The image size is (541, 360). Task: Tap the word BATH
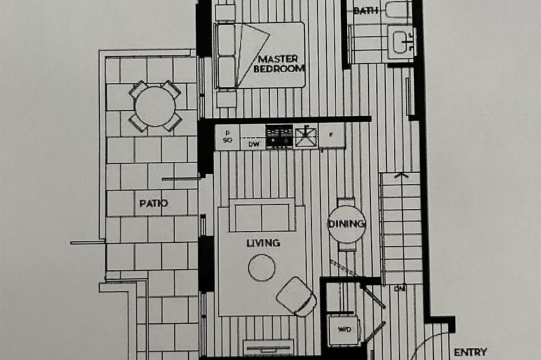click(x=366, y=11)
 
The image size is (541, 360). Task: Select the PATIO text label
click(x=153, y=203)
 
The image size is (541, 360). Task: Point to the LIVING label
click(x=263, y=243)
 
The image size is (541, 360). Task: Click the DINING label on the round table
click(x=347, y=223)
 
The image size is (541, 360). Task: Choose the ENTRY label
click(x=470, y=352)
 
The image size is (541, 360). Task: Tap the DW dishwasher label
click(x=253, y=144)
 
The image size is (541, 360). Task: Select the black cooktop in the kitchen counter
click(x=279, y=137)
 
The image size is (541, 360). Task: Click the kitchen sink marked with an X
click(x=307, y=137)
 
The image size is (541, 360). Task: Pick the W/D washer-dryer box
click(x=344, y=329)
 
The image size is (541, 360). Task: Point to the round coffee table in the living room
click(x=262, y=267)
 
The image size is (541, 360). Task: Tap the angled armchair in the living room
click(x=297, y=296)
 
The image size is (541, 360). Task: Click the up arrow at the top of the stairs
click(x=402, y=175)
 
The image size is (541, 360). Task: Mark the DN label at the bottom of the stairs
click(x=400, y=288)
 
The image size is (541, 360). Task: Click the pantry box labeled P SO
click(x=227, y=137)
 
